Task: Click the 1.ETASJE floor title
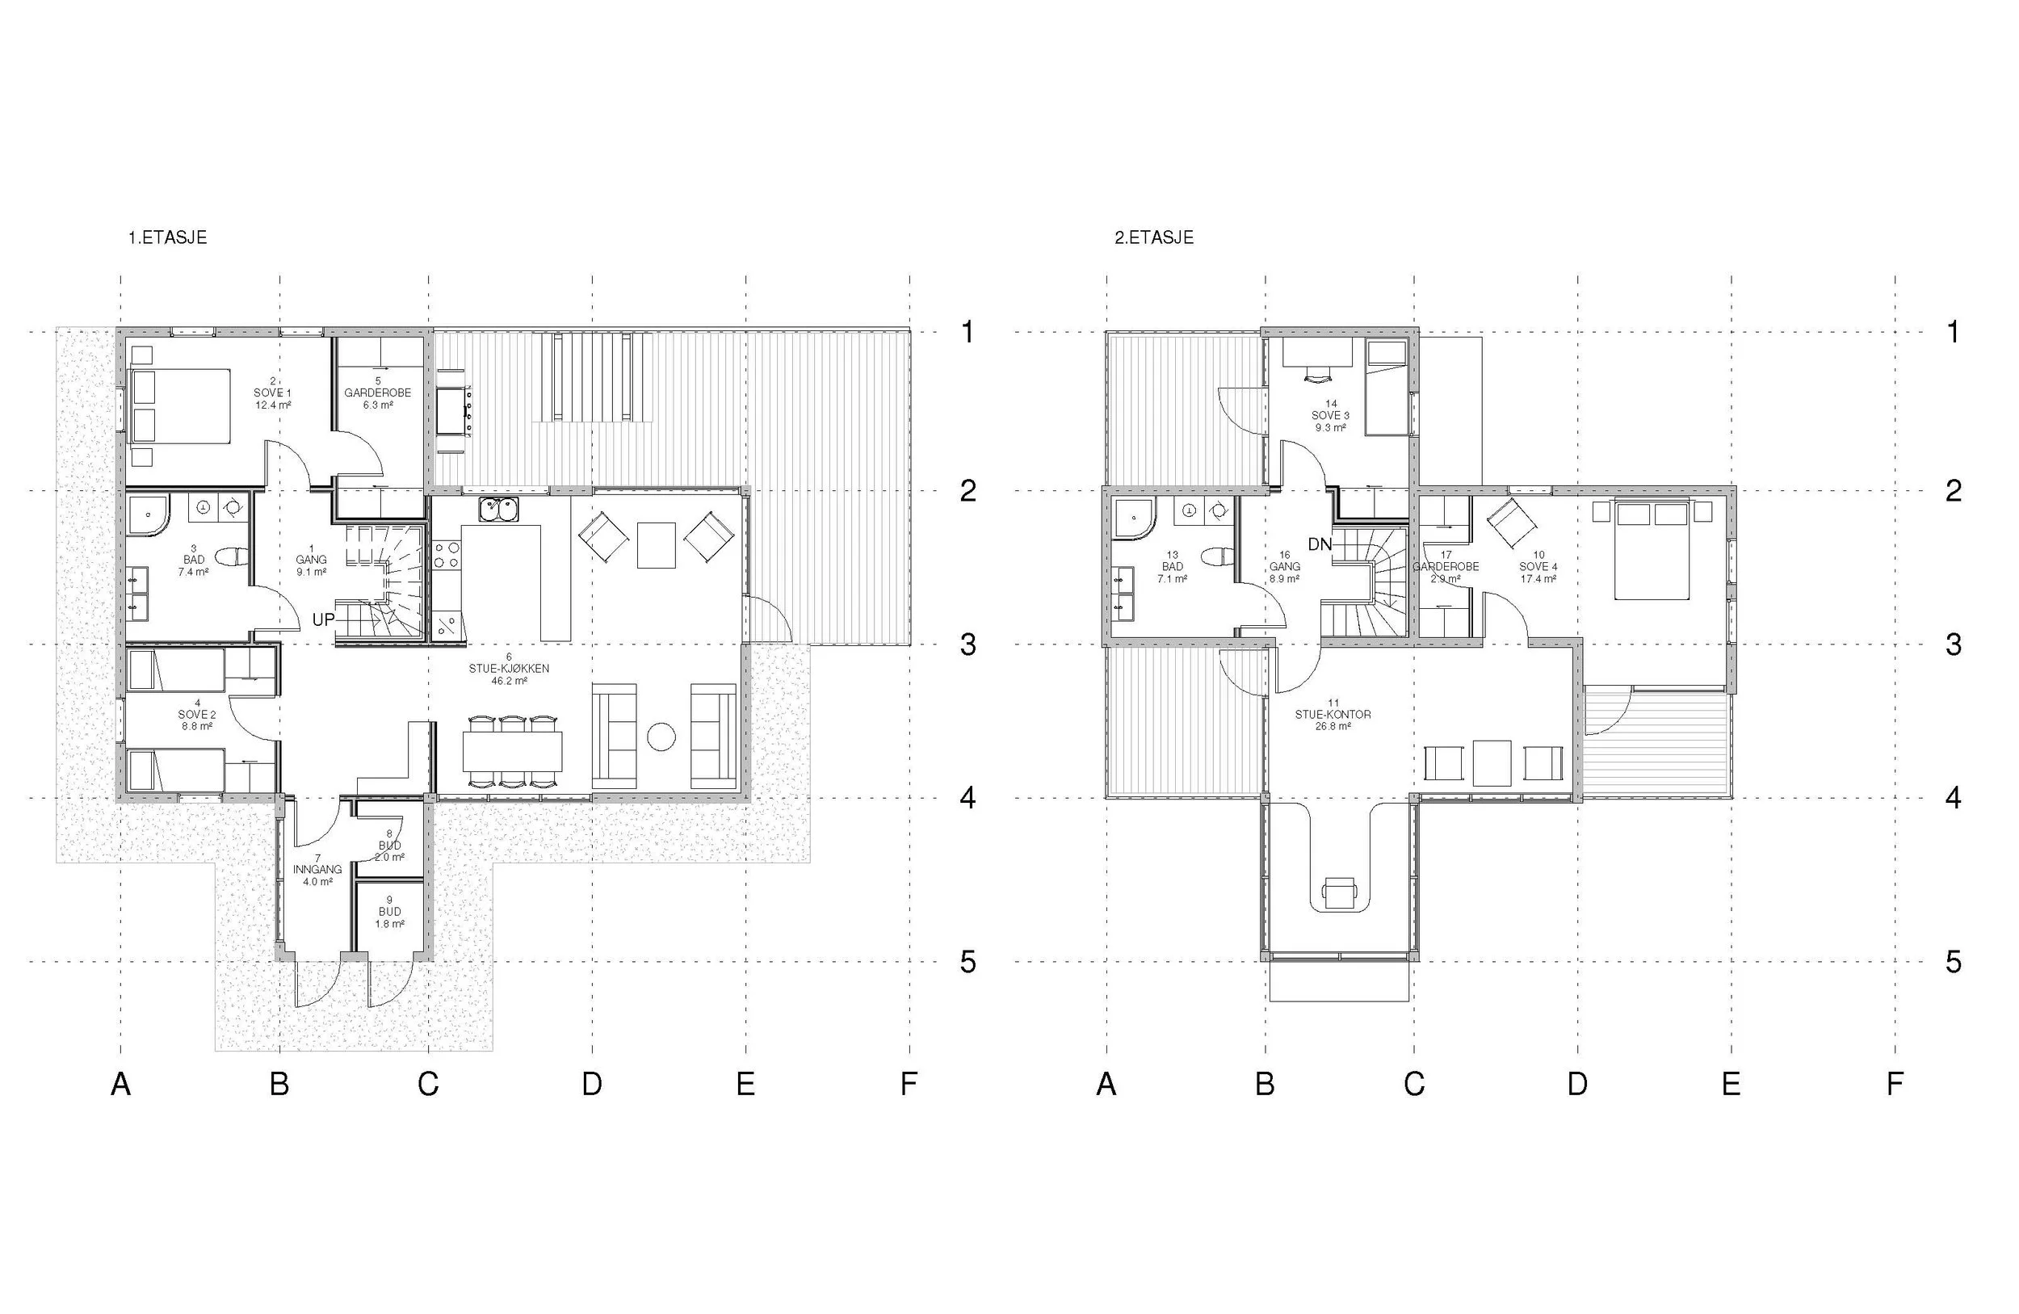coord(167,238)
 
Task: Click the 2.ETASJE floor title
coord(1154,238)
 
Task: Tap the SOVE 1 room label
coord(272,393)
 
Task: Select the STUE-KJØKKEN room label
coord(509,670)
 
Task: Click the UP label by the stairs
coord(323,620)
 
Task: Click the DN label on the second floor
coord(1320,544)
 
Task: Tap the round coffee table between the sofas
coord(661,737)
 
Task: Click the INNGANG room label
coord(317,870)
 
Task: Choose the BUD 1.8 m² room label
coord(389,913)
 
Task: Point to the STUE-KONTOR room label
coord(1333,715)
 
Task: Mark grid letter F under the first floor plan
coord(909,1084)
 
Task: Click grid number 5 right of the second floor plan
coord(1954,961)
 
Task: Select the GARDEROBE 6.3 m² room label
coord(377,393)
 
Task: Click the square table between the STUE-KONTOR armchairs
coord(1492,762)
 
